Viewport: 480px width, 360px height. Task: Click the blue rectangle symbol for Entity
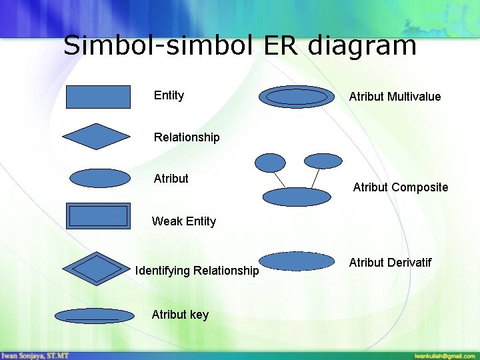coord(98,97)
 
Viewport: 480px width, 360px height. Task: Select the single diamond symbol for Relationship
coord(97,137)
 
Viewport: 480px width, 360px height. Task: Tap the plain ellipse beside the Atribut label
coord(100,178)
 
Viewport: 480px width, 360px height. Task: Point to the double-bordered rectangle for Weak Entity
coord(98,216)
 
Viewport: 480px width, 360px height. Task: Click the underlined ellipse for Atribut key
coord(94,315)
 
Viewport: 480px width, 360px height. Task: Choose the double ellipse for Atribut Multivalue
coord(297,97)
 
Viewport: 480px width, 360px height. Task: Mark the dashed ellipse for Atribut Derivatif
coord(296,261)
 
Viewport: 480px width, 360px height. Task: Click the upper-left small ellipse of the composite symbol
coord(271,162)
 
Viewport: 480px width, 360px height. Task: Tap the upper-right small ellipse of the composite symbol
coord(323,161)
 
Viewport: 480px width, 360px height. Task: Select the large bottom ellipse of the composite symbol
coord(297,197)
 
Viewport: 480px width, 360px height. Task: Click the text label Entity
coord(169,95)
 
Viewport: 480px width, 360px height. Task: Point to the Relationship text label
coord(187,137)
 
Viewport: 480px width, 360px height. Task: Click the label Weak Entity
coord(184,221)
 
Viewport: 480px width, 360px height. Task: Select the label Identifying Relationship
coord(197,271)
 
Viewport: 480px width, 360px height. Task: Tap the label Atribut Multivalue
coord(395,97)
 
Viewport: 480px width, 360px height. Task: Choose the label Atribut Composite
coord(400,187)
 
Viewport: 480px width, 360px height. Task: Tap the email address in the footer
coord(443,356)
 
